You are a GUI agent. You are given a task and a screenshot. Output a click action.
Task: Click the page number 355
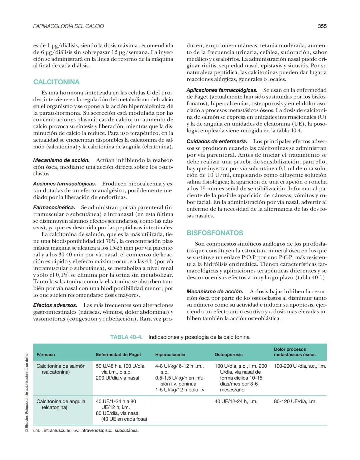coord(322,26)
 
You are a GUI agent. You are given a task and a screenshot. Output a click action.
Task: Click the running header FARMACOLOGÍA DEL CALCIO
coord(68,26)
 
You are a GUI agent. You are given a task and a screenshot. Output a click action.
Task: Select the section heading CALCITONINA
coord(56,82)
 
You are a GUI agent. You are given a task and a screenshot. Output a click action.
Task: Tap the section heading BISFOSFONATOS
coord(215,233)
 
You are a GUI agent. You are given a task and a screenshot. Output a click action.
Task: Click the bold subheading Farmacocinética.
coord(54,207)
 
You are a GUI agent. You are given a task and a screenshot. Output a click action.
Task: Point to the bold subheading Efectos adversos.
coord(55,305)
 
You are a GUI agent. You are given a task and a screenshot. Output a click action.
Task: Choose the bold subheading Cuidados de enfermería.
coord(217,141)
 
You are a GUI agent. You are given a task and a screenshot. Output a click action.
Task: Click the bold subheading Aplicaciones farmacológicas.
coord(222,90)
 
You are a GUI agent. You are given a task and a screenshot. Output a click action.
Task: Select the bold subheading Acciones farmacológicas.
coord(64,184)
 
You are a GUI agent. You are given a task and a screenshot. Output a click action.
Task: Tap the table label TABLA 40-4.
coord(126,337)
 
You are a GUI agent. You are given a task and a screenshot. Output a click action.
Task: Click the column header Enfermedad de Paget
coord(118,355)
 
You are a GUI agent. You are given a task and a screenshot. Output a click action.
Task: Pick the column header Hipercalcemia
coord(170,355)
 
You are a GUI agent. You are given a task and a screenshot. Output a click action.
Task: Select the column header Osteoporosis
coord(228,355)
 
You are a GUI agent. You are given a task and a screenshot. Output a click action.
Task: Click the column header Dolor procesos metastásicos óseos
coord(294,352)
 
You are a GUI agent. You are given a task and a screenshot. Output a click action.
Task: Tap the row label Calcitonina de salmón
coord(61,369)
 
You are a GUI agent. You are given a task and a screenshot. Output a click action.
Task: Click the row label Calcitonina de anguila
coord(61,404)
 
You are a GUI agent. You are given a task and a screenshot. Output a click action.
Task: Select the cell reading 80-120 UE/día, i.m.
coord(295,401)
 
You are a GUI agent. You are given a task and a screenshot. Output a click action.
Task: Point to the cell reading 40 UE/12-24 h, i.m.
coord(236,401)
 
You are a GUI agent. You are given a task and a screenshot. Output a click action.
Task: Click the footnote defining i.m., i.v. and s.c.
coord(86,430)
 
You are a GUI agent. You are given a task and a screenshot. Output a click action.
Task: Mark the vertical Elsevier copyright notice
coord(27,393)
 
